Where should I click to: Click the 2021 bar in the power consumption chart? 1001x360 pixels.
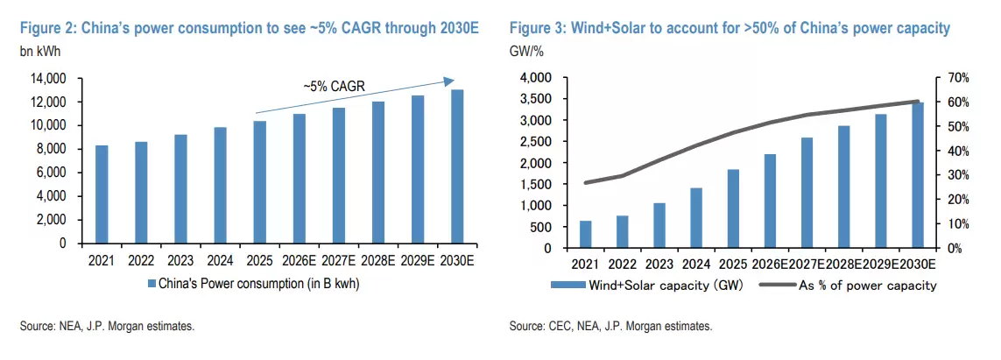coord(102,194)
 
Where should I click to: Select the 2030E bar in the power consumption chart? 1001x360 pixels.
coord(457,166)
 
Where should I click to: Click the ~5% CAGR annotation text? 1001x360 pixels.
coord(334,87)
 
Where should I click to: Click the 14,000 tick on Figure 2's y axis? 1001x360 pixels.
coord(50,79)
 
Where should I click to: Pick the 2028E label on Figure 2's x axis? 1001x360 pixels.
coord(378,259)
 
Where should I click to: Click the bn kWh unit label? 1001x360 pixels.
coord(39,53)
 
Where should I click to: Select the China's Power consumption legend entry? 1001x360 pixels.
coord(254,283)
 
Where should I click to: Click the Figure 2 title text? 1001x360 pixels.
coord(250,29)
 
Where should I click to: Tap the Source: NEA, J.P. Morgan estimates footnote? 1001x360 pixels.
coord(107,327)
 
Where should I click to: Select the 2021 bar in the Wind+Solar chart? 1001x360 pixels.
coord(586,234)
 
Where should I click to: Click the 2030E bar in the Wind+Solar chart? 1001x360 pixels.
coord(917,175)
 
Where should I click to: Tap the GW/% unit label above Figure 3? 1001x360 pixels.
coord(525,53)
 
